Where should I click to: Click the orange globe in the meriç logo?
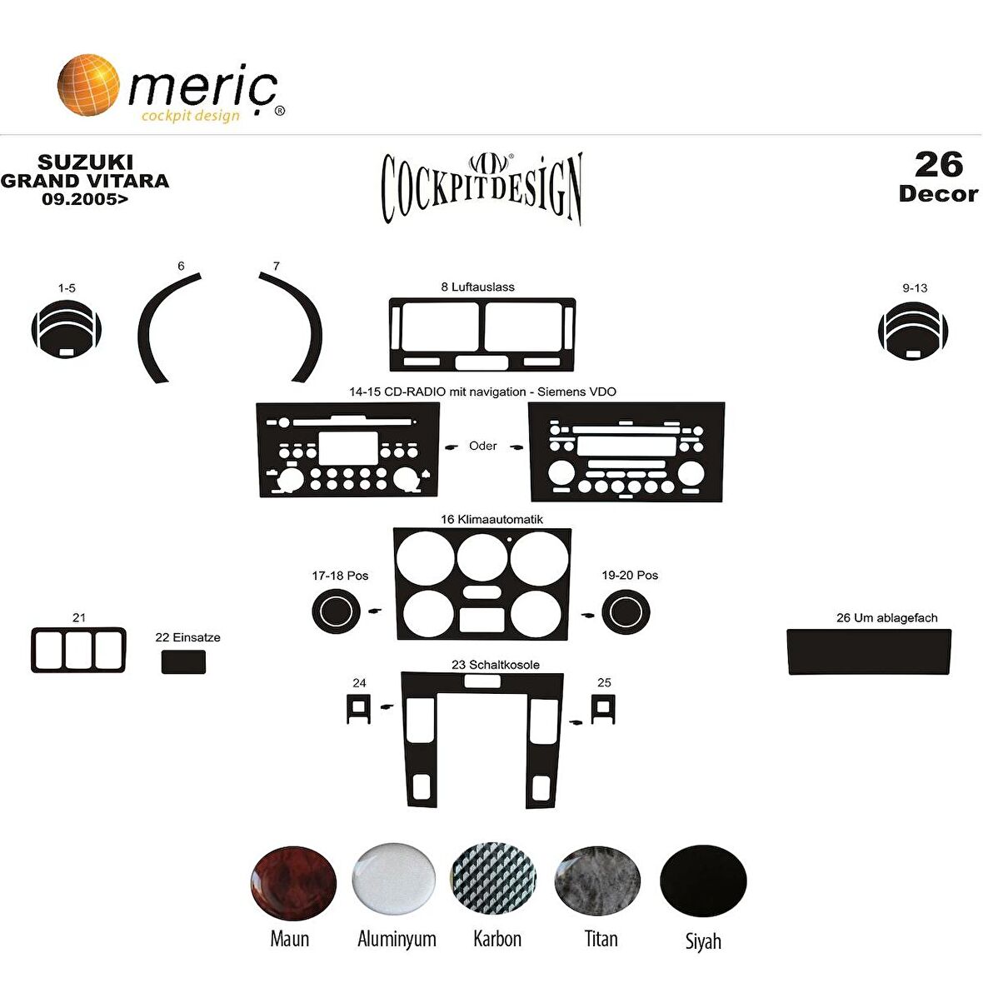pos(87,85)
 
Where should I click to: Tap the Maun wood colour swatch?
pos(293,883)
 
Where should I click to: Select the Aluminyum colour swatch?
pos(394,879)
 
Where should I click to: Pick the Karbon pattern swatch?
pos(494,879)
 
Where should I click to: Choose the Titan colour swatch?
pos(597,881)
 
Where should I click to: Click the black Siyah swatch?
pos(703,881)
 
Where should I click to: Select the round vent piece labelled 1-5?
pos(67,330)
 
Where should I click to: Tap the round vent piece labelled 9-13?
pos(913,331)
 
